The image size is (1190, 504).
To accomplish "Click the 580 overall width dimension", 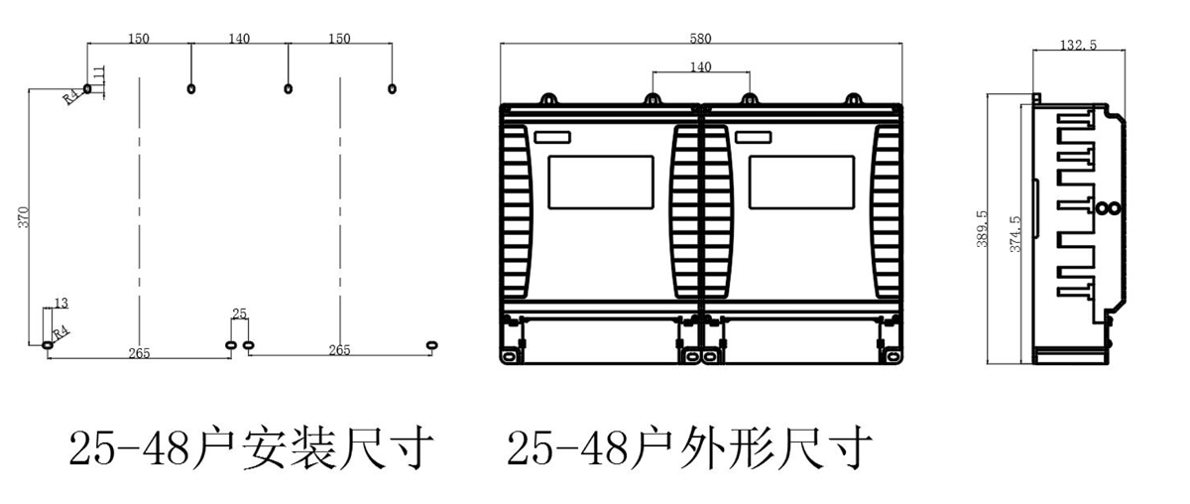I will click(700, 39).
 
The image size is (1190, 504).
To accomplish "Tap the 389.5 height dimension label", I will click(982, 228).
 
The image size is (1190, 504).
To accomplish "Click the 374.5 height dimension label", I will click(1014, 234).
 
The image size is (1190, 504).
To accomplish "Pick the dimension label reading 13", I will click(61, 303).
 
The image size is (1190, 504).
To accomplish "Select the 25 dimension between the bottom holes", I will click(239, 314).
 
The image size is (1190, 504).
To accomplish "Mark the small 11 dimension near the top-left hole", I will click(98, 74).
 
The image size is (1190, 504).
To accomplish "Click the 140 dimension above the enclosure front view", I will click(700, 66).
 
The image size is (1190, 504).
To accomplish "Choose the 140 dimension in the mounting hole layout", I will click(239, 39).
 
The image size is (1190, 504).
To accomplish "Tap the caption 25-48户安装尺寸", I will click(252, 449).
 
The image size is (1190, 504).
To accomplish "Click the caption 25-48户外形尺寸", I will click(690, 449).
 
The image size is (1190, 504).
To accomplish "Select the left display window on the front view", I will click(600, 182).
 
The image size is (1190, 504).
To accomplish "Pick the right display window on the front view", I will click(801, 182).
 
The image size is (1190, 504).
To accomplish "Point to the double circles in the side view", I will click(1108, 208).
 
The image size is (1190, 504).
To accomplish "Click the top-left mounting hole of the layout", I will click(88, 89).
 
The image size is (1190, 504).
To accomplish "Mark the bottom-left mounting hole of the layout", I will click(48, 344).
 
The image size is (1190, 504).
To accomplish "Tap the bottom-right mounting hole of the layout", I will click(430, 344).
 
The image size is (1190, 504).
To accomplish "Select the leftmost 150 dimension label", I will click(139, 39).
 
